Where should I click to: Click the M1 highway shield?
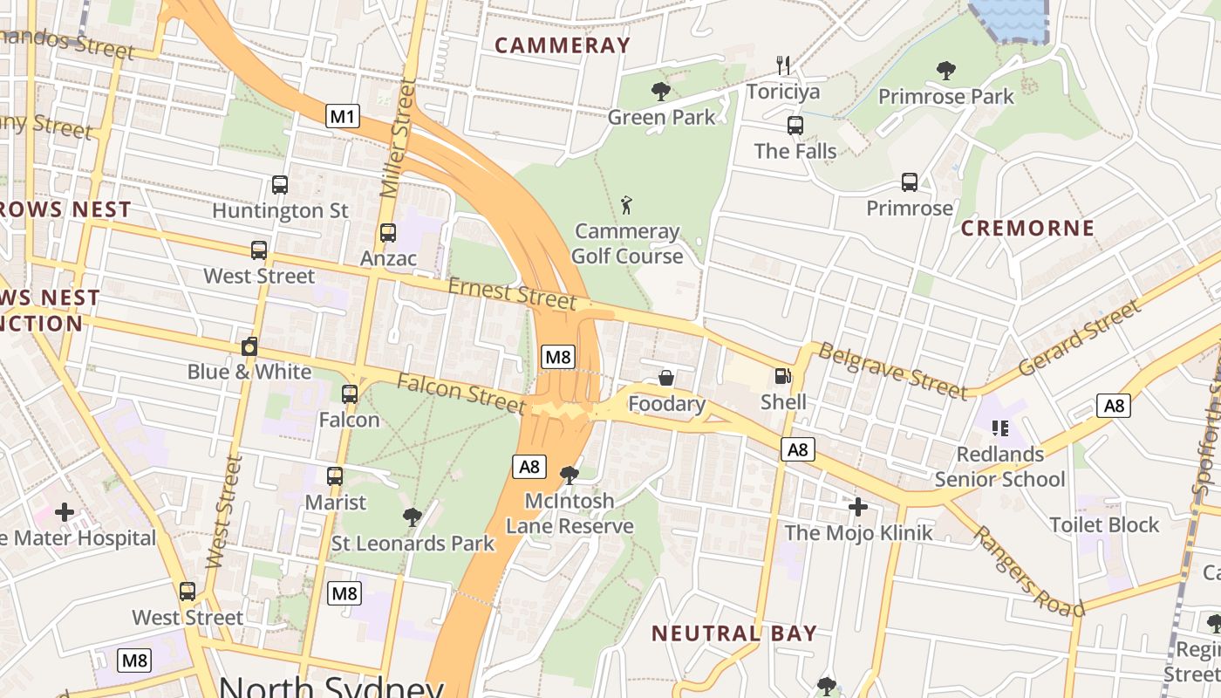click(x=343, y=116)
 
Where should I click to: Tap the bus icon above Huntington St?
click(x=280, y=185)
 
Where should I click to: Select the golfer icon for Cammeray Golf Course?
click(x=626, y=206)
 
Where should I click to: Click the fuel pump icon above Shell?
click(x=783, y=377)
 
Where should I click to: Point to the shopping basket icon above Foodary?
click(x=666, y=378)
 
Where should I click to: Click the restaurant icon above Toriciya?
click(x=783, y=65)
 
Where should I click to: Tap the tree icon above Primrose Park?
click(x=945, y=71)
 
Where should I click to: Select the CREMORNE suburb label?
click(x=1027, y=229)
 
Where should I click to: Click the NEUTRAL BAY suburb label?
click(x=734, y=633)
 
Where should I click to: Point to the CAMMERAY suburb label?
click(x=563, y=45)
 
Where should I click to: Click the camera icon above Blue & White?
click(x=249, y=346)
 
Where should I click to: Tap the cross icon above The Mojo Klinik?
click(x=858, y=507)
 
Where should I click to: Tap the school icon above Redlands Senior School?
click(x=999, y=428)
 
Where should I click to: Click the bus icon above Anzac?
click(x=388, y=233)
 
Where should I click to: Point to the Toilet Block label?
click(x=1104, y=524)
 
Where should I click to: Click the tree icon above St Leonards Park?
click(x=413, y=517)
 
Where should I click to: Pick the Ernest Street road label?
click(x=512, y=294)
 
